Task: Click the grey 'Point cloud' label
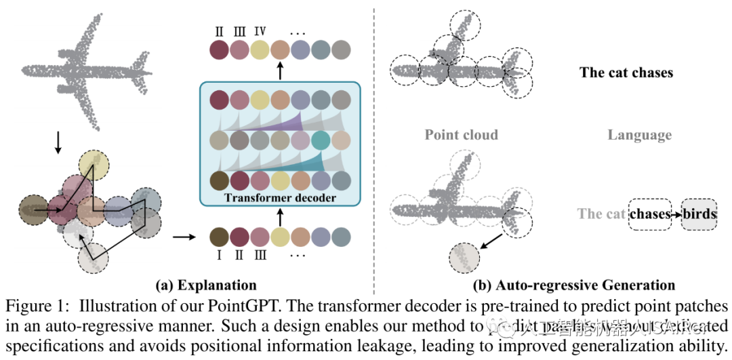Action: (x=461, y=135)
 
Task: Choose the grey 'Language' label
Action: (x=639, y=135)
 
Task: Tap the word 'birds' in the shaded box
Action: (x=699, y=214)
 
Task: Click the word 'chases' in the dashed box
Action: (x=649, y=214)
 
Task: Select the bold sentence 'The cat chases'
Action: (x=626, y=73)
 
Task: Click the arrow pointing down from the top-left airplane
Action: (x=58, y=140)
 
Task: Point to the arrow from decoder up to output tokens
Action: (x=281, y=71)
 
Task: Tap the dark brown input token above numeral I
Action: (x=219, y=237)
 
